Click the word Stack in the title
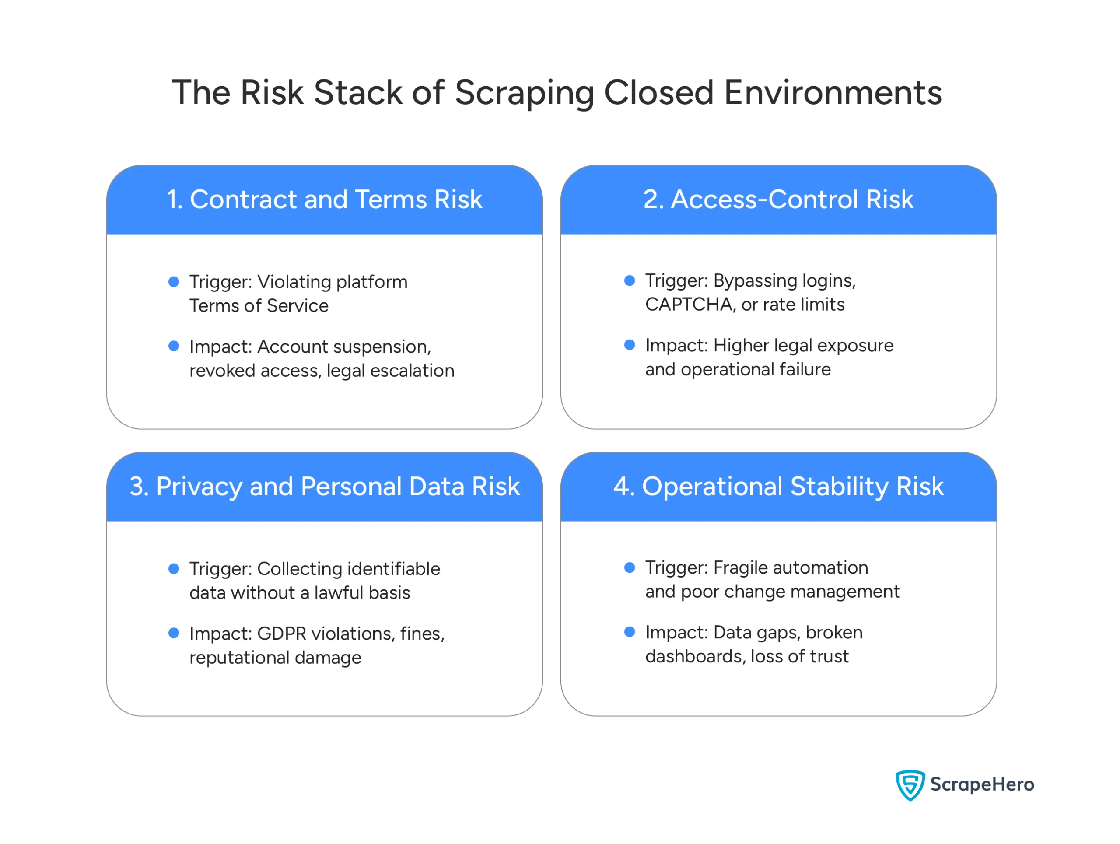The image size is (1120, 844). pyautogui.click(x=357, y=93)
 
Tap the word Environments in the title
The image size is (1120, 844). pyautogui.click(x=833, y=93)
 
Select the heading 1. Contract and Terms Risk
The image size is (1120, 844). pyautogui.click(x=325, y=200)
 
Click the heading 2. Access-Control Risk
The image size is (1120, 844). pyautogui.click(x=778, y=200)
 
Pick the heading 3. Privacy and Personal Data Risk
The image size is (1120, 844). pyautogui.click(x=325, y=487)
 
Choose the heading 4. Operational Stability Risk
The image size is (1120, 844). pyautogui.click(x=778, y=487)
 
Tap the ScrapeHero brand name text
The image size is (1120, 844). pyautogui.click(x=982, y=784)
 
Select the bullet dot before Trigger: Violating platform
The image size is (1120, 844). pyautogui.click(x=174, y=282)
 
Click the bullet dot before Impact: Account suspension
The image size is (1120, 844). pyautogui.click(x=174, y=347)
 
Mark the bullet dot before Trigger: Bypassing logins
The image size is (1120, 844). pyautogui.click(x=630, y=280)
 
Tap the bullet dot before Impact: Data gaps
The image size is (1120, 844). pyautogui.click(x=630, y=632)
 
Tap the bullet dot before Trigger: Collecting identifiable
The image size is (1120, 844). pyautogui.click(x=174, y=569)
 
